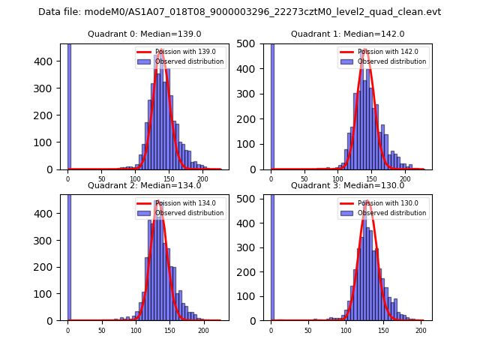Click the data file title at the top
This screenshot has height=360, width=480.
pos(239,12)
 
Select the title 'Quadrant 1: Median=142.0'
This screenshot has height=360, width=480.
pos(347,34)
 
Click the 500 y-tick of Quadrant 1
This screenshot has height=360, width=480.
pos(253,43)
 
